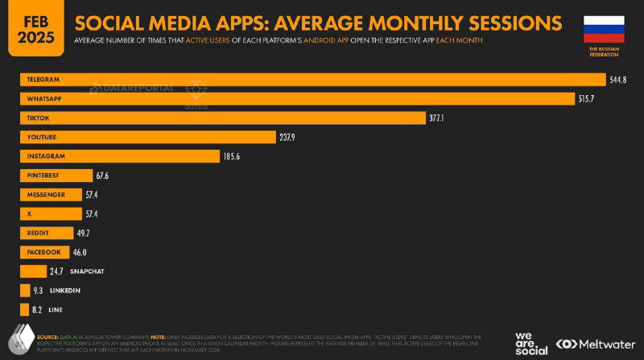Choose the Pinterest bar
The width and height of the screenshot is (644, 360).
[56, 176]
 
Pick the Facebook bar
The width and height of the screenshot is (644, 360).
[44, 252]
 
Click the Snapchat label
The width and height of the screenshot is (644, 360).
[87, 272]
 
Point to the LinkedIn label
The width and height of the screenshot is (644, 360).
[65, 291]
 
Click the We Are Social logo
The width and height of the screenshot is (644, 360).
[532, 342]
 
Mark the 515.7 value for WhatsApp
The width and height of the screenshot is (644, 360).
[598, 98]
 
